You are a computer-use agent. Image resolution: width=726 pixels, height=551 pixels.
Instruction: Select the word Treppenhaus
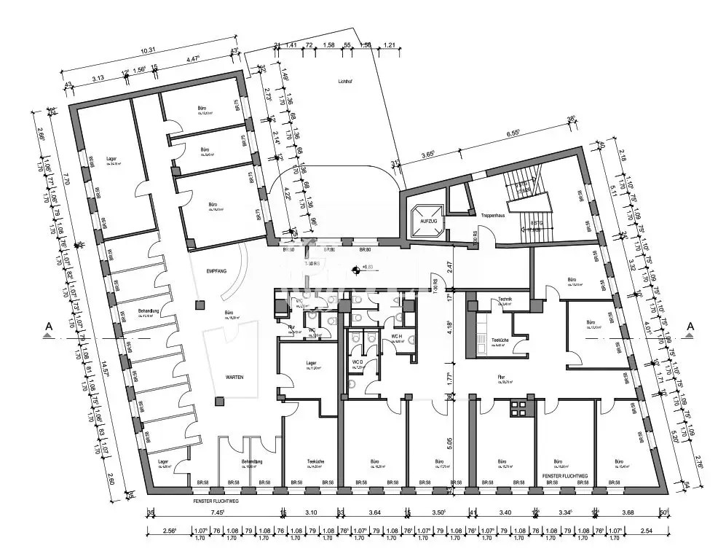click(493, 216)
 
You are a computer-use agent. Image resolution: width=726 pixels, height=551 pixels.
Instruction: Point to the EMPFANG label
click(216, 271)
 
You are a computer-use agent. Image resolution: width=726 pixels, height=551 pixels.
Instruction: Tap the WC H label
click(398, 336)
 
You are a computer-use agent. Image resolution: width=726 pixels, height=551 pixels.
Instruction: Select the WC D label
click(357, 362)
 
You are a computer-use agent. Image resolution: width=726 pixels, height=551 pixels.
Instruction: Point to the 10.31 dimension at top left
click(148, 50)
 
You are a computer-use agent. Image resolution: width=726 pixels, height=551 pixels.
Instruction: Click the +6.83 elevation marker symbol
click(355, 269)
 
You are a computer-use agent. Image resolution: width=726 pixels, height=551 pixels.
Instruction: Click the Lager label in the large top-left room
click(111, 158)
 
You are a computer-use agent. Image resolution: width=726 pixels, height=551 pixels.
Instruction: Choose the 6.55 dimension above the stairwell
click(516, 133)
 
